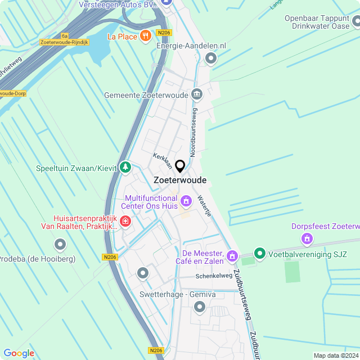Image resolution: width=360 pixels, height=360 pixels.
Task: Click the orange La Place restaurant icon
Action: pos(146,37)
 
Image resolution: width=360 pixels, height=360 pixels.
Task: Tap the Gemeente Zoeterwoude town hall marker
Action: pos(197,94)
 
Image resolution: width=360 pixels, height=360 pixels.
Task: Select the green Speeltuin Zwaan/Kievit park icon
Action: pos(125,167)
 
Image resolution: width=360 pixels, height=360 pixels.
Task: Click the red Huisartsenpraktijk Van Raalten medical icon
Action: pos(125,222)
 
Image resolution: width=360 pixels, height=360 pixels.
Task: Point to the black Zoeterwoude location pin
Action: pos(180,166)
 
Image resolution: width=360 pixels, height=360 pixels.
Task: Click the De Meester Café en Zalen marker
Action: pos(232,257)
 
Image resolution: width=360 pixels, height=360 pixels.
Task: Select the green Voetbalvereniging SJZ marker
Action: pos(259,254)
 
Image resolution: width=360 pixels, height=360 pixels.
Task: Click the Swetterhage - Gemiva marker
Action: pos(199,307)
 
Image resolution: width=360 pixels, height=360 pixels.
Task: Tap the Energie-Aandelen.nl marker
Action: pos(211,58)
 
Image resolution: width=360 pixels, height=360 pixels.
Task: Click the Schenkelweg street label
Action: pos(214,276)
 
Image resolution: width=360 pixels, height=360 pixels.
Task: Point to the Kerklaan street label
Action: pos(163,160)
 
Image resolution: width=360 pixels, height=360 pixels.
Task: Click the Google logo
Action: pos(19,353)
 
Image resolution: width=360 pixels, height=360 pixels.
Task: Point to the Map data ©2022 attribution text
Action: pos(335,355)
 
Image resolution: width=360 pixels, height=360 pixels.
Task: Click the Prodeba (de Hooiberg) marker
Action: pos(60,244)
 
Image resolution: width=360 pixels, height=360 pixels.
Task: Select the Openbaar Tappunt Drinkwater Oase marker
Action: pos(357,22)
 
